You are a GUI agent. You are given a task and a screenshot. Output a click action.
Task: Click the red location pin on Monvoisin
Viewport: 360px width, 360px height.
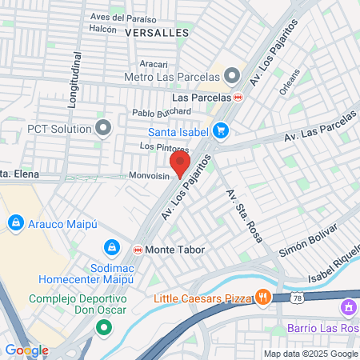180,164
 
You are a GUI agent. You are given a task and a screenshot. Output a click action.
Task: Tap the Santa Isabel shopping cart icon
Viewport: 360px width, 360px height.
221,130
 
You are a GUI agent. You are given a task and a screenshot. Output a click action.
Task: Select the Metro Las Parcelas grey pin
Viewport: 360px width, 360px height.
233,77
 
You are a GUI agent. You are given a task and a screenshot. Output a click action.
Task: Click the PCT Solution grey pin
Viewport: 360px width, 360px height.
103,127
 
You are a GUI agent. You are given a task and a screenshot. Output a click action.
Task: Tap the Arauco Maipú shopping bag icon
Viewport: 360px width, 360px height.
14,221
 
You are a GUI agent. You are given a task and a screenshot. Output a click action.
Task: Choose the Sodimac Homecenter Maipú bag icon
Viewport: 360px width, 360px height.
113,248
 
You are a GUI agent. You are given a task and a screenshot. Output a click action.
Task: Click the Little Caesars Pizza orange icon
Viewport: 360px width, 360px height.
262,298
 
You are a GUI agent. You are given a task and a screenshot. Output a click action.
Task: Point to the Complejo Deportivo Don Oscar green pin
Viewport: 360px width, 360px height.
103,327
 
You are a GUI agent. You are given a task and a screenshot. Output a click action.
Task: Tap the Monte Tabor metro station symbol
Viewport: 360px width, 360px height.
138,250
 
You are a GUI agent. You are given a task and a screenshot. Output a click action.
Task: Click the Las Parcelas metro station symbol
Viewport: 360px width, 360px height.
238,97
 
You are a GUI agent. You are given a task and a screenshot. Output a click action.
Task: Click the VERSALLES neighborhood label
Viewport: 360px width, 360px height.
157,33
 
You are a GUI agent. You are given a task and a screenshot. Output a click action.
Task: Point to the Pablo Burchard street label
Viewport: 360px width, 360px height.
162,111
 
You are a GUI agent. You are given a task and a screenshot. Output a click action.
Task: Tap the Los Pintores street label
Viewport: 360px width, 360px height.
164,147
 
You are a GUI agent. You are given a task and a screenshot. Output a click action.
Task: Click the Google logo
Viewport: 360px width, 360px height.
26,350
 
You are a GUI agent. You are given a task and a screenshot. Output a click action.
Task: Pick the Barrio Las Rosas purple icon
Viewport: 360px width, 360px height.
348,307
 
